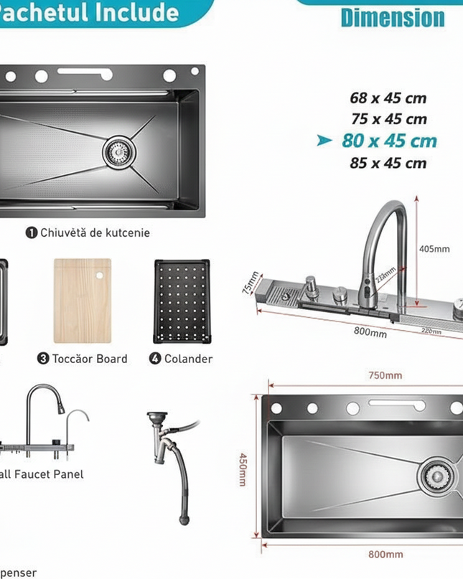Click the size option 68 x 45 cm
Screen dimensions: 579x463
(x=388, y=98)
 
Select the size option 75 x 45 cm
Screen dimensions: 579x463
(x=389, y=119)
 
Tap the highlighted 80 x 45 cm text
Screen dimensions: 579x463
(x=389, y=141)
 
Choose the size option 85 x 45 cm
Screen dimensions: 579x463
(x=388, y=163)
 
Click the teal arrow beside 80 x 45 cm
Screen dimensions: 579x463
(x=325, y=141)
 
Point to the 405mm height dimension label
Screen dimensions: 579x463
(x=434, y=249)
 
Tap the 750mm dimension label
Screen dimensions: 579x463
(x=385, y=375)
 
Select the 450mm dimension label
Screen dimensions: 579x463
(x=243, y=469)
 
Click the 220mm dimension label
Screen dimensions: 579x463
(x=431, y=331)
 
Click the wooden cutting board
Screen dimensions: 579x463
(x=83, y=301)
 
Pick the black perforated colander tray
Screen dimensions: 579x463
(x=180, y=301)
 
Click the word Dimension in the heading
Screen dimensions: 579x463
(x=393, y=18)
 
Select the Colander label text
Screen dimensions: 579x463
(x=188, y=359)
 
